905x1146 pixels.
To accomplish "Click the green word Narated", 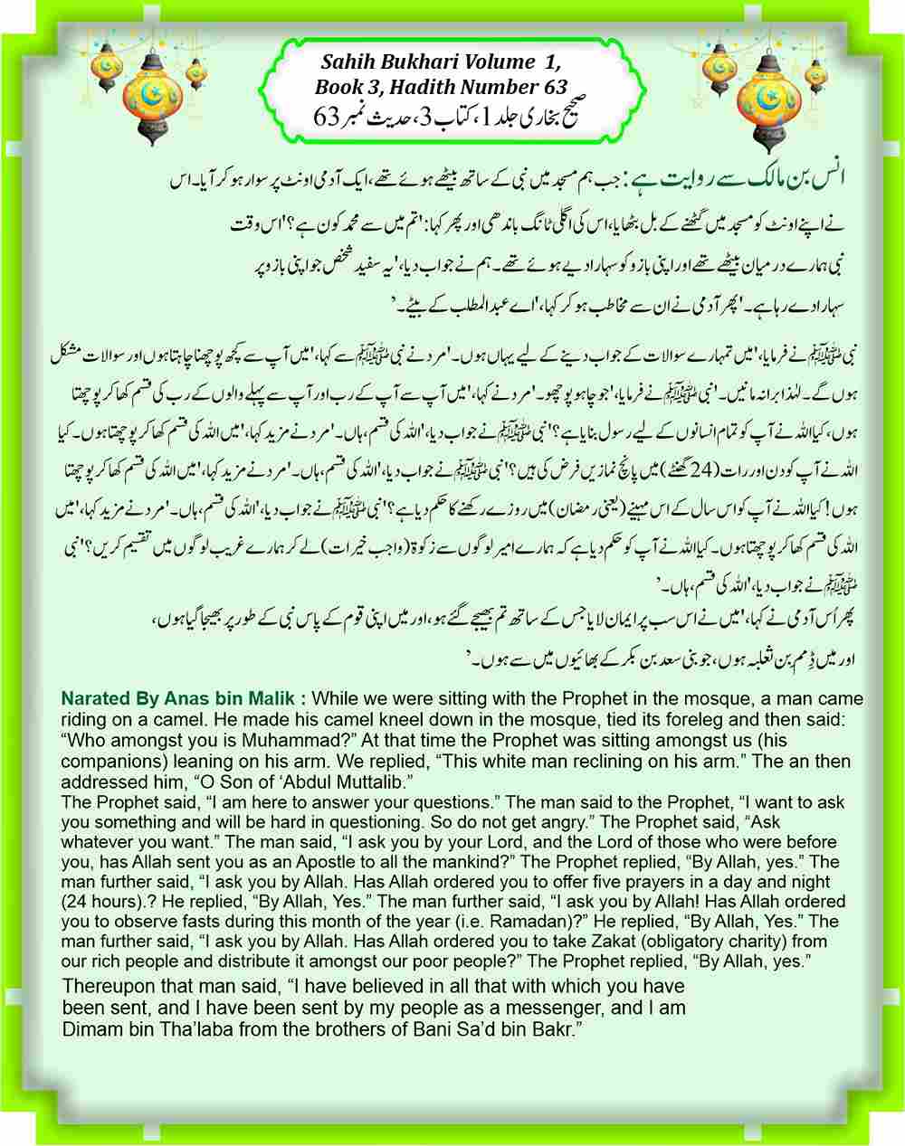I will point(95,699).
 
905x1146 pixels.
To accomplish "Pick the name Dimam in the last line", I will point(89,1028).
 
